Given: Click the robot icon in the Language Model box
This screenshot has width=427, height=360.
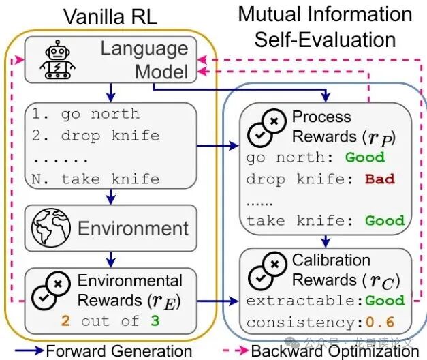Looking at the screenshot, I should [56, 60].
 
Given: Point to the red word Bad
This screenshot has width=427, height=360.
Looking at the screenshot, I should [379, 179].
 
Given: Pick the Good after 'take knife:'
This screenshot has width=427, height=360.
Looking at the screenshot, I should [384, 221].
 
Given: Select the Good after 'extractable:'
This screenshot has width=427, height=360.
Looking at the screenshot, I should [384, 300].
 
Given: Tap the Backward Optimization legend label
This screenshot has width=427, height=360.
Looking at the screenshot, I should [334, 351].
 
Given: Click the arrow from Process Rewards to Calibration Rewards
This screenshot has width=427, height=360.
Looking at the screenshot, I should [327, 240].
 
